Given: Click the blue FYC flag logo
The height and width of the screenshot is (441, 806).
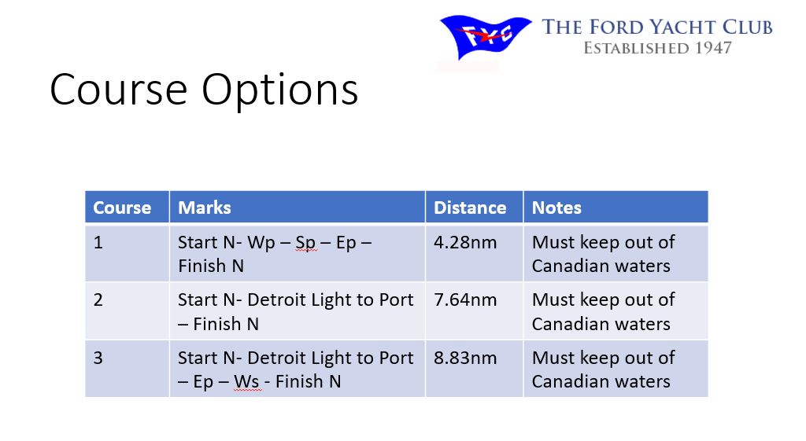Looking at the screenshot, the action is click(x=485, y=37).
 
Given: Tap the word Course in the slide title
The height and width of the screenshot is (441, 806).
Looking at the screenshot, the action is click(x=119, y=90).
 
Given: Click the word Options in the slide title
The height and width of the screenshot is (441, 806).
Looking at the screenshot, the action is click(x=280, y=90).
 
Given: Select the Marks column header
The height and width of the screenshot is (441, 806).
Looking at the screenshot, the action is click(x=205, y=208).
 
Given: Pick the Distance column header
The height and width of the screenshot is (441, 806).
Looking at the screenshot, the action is click(x=470, y=208).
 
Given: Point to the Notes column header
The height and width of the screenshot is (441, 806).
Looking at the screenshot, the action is click(x=556, y=208).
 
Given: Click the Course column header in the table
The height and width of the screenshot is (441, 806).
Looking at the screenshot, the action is click(x=122, y=208).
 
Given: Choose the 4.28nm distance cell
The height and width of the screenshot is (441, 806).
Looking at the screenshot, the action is click(x=465, y=242).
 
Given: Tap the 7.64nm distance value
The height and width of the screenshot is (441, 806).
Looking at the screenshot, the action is click(x=465, y=300).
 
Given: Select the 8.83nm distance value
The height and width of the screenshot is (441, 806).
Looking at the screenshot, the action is click(x=465, y=358).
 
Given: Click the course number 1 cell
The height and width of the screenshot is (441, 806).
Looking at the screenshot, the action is click(x=98, y=242).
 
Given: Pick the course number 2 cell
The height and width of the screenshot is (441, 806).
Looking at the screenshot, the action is click(x=98, y=300).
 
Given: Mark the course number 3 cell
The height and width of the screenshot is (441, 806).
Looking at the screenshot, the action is click(x=98, y=358).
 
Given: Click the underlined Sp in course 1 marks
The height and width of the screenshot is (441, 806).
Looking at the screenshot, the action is click(x=305, y=244).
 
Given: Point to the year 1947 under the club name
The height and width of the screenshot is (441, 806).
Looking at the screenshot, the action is click(x=713, y=48).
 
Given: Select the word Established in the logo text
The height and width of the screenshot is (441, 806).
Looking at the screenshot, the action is click(x=636, y=48).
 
